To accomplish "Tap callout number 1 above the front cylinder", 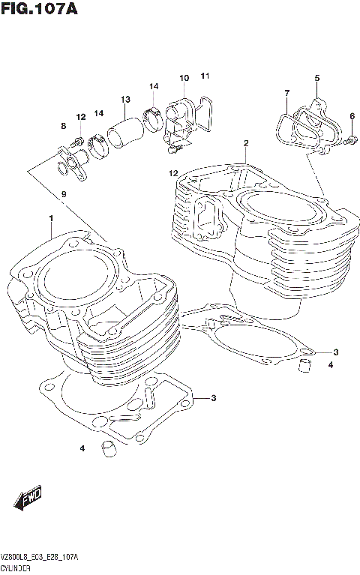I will pos(51,218).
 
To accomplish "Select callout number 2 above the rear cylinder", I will pos(245,142).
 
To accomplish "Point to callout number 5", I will pos(316,79).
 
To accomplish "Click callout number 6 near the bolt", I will pos(352,115).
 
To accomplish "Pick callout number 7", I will pos(286,93).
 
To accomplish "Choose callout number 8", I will pos(64,125).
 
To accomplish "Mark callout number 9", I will pos(64,194).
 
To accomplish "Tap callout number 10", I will pos(184,78).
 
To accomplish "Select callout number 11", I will pos(205,76).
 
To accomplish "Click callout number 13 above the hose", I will pos(125,100).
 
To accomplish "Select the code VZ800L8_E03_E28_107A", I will pos(41,559).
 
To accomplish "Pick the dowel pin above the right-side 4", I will pos(304,366).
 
